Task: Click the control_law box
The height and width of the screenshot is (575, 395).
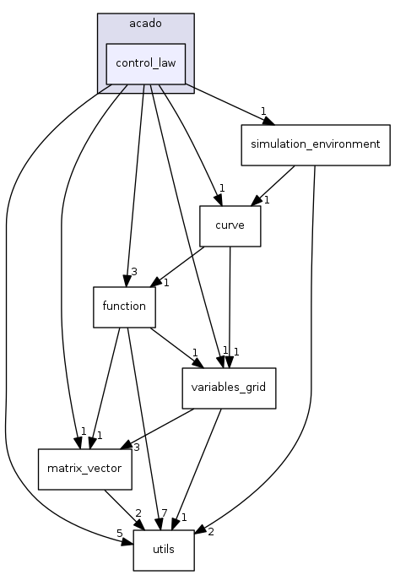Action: (x=145, y=63)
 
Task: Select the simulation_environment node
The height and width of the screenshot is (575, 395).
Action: (x=315, y=144)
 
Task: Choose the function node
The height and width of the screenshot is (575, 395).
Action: (x=124, y=306)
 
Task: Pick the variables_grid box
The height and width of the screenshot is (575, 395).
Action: (x=229, y=388)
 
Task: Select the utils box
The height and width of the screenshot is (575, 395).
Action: (x=163, y=550)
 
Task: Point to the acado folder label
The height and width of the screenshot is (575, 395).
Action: (x=145, y=23)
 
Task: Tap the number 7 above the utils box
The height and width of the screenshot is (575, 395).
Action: (x=164, y=514)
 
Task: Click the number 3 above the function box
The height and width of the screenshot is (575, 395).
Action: (x=133, y=271)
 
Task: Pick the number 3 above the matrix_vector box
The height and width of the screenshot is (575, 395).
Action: (x=135, y=447)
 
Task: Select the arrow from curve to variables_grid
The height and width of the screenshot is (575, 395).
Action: (x=230, y=304)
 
